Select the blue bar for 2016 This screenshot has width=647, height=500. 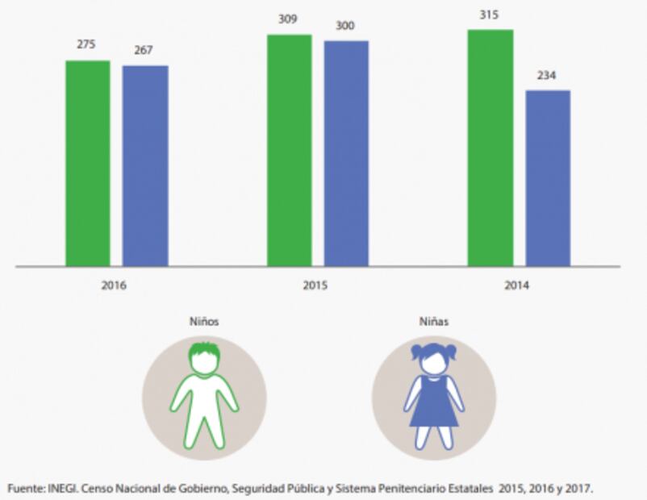[x=145, y=166]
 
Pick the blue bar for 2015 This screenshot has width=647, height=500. [x=346, y=153]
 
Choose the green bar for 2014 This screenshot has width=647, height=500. [x=490, y=148]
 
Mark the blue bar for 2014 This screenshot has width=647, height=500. [x=548, y=178]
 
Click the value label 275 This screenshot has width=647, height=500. [x=86, y=44]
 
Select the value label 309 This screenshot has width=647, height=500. [x=288, y=19]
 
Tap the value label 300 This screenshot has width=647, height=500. [x=346, y=25]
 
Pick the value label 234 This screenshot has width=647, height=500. [x=548, y=75]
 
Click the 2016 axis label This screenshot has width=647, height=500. [x=115, y=285]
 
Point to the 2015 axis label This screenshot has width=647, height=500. [x=316, y=285]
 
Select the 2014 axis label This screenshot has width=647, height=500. [x=518, y=285]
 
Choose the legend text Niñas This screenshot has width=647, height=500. [x=434, y=321]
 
